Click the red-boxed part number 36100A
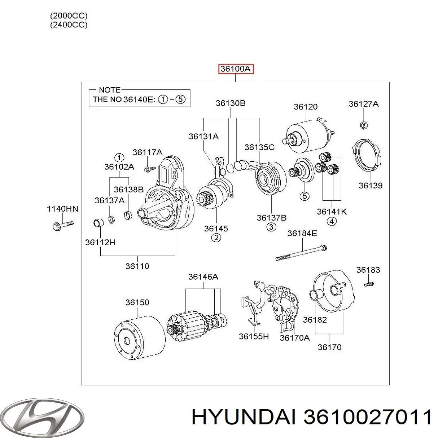(x=235, y=69)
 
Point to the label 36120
(x=306, y=107)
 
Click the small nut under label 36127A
(x=363, y=125)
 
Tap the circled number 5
(x=304, y=196)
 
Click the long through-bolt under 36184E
(x=301, y=253)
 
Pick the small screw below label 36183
(x=369, y=283)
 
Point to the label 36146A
(x=203, y=277)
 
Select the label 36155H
(x=254, y=336)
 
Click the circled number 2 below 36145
(x=216, y=238)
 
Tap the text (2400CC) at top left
(x=69, y=25)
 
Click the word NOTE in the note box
(x=109, y=90)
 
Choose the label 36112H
(x=100, y=242)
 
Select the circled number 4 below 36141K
(x=331, y=222)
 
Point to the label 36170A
(x=295, y=338)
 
